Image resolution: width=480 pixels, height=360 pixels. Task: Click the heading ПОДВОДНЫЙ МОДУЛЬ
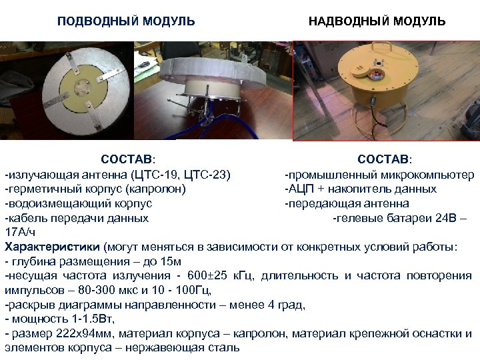click(x=126, y=22)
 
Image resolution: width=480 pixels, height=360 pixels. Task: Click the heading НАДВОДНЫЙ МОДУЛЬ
click(x=377, y=22)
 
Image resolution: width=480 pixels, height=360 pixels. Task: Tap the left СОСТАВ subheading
click(x=127, y=160)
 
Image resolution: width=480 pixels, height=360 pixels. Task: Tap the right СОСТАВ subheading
click(x=385, y=160)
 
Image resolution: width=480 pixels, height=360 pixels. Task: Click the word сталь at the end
click(x=225, y=348)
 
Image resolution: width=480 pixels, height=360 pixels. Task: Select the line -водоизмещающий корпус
click(x=79, y=203)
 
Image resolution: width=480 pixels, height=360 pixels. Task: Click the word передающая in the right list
click(x=321, y=203)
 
